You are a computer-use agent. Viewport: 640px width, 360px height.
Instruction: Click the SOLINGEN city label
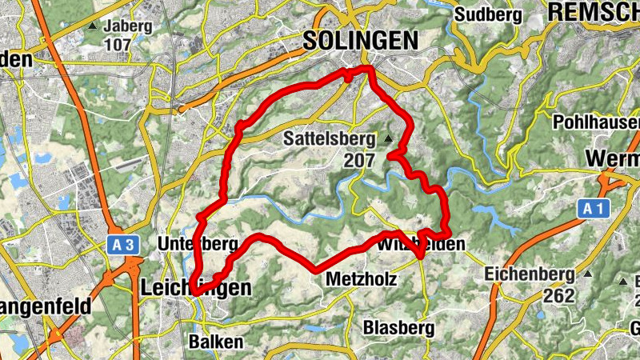[360, 40]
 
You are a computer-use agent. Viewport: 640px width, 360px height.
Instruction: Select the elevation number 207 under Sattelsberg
[359, 160]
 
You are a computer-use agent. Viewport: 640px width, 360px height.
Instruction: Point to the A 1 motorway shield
[591, 210]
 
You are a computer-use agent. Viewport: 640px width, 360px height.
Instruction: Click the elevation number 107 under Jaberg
[117, 45]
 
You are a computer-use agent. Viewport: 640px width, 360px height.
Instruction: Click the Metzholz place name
[357, 280]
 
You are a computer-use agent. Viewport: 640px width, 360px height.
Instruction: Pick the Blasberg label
[398, 328]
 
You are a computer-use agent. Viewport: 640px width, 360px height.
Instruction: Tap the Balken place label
[215, 341]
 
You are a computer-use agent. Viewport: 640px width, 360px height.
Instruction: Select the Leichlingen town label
[195, 287]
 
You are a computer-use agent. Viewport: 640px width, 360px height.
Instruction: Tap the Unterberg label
[198, 242]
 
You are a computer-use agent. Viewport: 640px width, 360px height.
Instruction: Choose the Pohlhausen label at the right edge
[596, 122]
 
